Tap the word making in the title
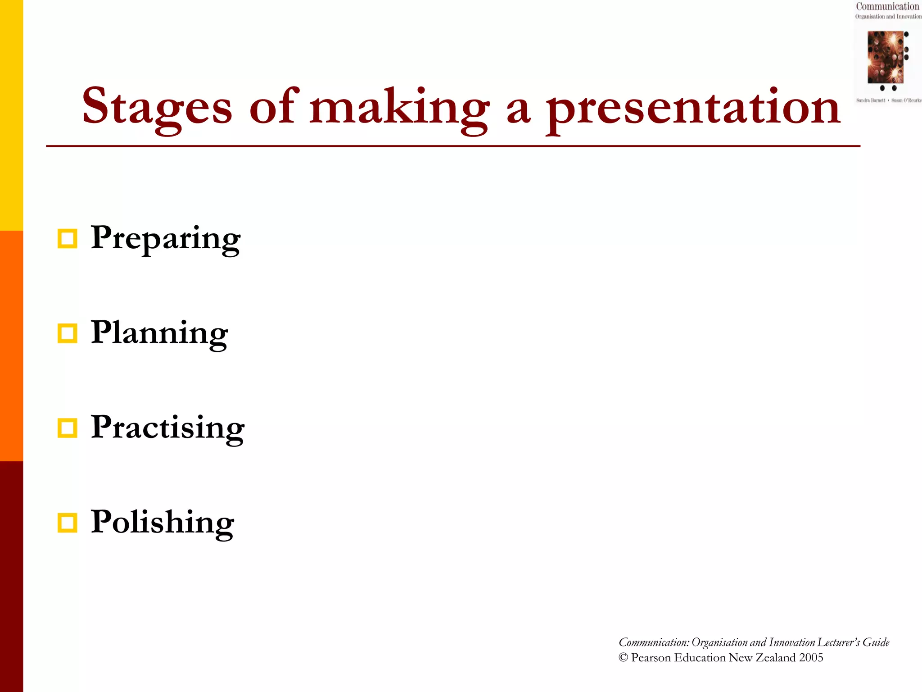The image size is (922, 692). click(399, 107)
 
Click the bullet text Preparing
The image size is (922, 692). click(165, 238)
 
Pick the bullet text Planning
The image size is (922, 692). click(159, 333)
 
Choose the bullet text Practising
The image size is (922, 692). click(167, 428)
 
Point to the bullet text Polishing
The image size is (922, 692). click(162, 522)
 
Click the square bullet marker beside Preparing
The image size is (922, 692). click(68, 239)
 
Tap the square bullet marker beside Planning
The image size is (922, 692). click(68, 333)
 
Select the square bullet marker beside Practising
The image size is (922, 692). click(68, 428)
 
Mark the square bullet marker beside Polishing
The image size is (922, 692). click(68, 523)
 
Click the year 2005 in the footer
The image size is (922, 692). click(811, 658)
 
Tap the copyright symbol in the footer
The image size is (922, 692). click(623, 658)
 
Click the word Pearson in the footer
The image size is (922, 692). click(651, 658)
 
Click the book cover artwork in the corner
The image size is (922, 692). click(886, 57)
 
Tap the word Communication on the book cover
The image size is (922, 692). click(887, 6)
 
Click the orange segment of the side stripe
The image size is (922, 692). click(11, 346)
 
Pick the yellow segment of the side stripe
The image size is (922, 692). click(11, 115)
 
